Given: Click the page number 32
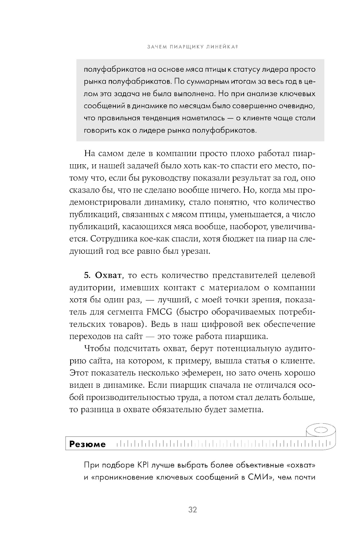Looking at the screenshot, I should point(193,510).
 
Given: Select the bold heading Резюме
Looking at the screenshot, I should point(87,444).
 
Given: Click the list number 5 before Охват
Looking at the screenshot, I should point(87,276).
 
